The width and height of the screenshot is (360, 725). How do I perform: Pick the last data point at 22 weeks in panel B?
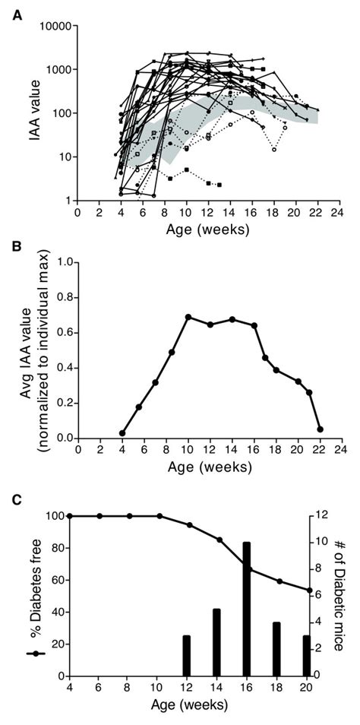point(320,429)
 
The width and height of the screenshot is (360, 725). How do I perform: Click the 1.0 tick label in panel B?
point(62,262)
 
